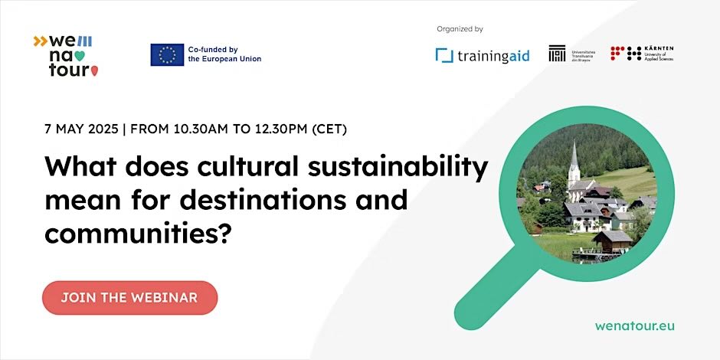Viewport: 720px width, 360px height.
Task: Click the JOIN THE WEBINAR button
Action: coord(129,297)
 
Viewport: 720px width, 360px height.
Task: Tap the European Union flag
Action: coord(166,54)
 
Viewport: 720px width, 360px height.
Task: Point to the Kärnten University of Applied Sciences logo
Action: coord(642,54)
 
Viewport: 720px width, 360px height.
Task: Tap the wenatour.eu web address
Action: coord(635,325)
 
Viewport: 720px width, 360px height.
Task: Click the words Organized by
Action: coord(460,29)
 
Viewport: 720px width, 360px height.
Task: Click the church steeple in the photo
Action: coord(574,161)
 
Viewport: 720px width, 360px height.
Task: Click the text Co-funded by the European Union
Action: coord(224,54)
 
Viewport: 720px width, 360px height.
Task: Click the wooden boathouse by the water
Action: coord(610,243)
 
